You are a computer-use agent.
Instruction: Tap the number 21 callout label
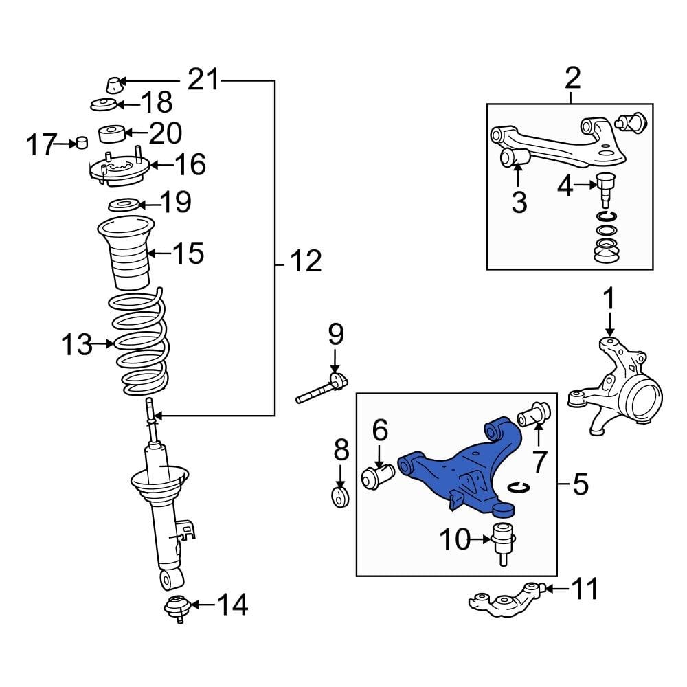203,81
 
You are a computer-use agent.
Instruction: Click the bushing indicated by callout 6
377,476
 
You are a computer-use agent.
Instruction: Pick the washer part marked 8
340,497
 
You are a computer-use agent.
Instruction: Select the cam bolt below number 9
323,390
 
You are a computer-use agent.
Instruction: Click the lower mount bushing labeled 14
179,608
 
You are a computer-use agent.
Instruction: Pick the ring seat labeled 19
125,204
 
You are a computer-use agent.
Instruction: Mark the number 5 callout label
580,486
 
